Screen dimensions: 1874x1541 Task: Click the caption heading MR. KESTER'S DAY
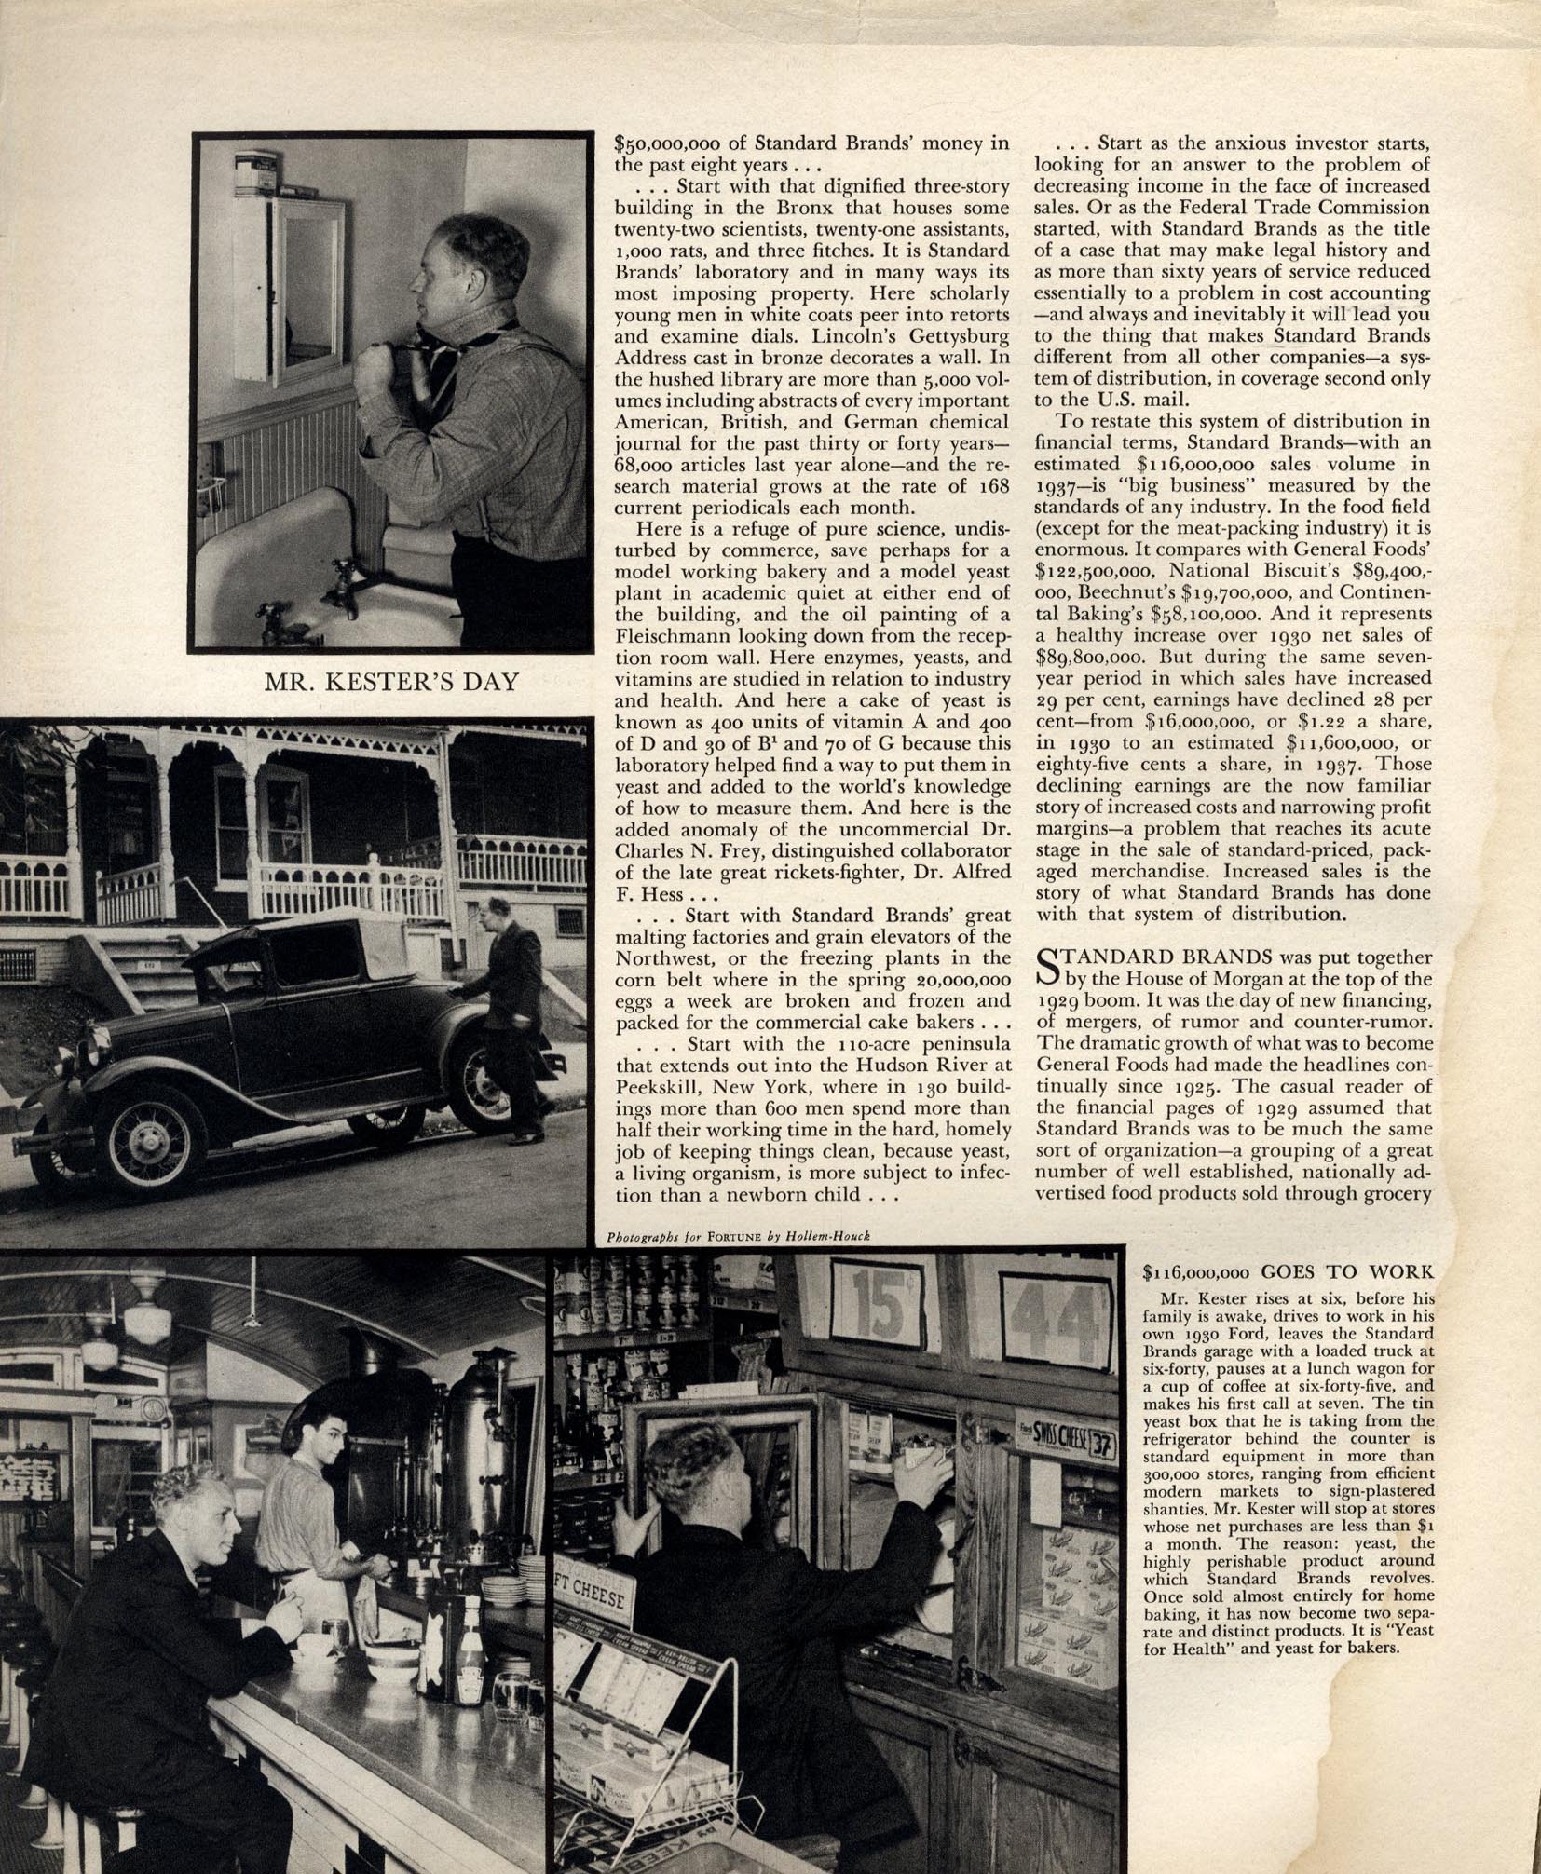click(391, 682)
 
